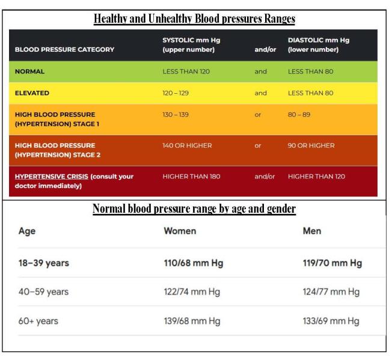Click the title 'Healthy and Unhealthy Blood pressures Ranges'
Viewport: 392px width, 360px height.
[194, 19]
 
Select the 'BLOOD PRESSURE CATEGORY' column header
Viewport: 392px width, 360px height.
[64, 49]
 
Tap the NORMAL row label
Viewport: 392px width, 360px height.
[29, 72]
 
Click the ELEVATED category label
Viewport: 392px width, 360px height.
[32, 93]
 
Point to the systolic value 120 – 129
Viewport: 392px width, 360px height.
[176, 93]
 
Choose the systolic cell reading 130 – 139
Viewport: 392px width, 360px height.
[176, 115]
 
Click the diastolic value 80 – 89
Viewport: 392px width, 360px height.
[299, 115]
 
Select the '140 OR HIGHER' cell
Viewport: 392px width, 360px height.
[187, 145]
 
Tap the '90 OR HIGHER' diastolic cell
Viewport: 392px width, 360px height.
[311, 145]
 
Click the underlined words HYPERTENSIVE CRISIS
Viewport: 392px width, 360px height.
[52, 176]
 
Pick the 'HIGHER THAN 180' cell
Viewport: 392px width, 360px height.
[191, 176]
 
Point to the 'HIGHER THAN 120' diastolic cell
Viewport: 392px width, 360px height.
[316, 176]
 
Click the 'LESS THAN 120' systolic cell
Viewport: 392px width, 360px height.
[186, 72]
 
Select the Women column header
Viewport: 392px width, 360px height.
[180, 231]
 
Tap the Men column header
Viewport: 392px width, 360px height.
[312, 231]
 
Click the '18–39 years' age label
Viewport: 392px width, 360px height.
[44, 263]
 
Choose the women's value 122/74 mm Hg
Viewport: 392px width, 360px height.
[192, 292]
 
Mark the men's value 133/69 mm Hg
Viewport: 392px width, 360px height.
[331, 321]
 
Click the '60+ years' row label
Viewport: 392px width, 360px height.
[38, 321]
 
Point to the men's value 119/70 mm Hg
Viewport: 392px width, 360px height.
[332, 263]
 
